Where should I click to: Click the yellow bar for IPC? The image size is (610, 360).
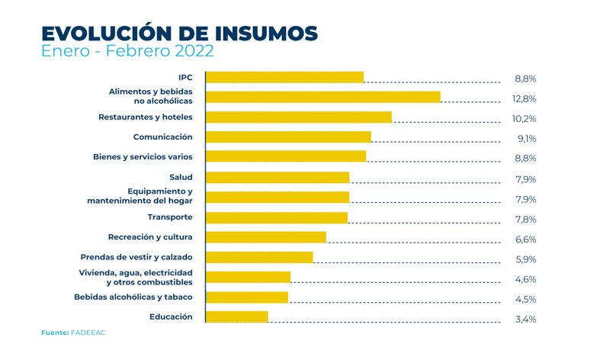point(284,77)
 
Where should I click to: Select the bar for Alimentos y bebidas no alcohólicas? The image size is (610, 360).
point(323,97)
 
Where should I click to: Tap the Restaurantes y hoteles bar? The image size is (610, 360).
point(298,117)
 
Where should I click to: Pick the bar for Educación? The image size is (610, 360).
point(237,317)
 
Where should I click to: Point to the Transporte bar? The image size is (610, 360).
point(276,217)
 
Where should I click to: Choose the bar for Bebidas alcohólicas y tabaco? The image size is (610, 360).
point(247,297)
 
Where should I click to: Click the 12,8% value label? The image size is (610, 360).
point(525,99)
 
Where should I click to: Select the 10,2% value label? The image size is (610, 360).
point(525,119)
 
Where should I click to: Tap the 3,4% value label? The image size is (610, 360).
point(525,320)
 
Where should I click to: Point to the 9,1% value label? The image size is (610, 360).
point(525,139)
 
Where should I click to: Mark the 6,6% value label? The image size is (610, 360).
point(525,239)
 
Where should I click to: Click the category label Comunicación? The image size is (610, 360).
point(162,137)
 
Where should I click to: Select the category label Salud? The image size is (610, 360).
point(181,177)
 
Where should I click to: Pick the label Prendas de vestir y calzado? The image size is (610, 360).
point(136,256)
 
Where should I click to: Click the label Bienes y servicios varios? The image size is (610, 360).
point(143,156)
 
